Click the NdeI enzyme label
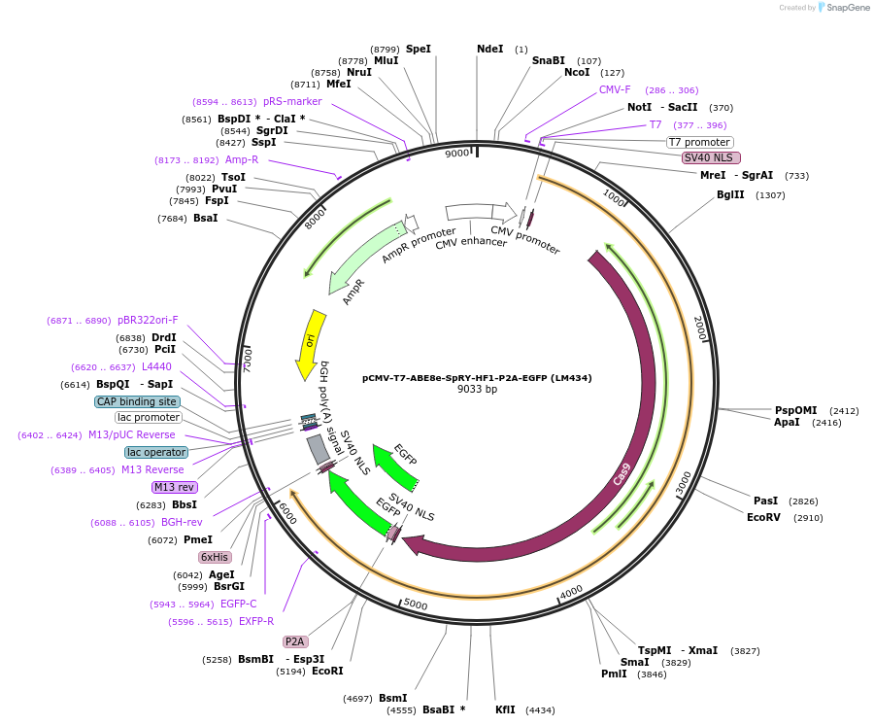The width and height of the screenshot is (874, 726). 490,49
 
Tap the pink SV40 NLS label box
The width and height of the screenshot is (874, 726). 711,157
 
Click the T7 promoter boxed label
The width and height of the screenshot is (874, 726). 699,142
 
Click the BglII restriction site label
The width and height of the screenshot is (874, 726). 730,194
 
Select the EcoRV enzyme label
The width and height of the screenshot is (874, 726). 763,518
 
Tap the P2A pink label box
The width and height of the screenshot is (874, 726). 295,641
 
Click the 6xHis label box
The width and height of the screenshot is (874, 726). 215,557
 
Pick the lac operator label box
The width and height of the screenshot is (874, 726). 155,452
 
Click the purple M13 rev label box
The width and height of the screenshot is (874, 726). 174,487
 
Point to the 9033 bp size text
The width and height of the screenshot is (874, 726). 477,390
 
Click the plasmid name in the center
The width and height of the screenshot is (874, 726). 477,377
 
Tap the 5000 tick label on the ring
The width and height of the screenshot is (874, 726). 416,605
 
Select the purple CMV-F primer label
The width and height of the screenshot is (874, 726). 615,89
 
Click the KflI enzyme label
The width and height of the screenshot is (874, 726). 505,709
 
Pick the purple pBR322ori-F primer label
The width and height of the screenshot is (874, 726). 148,320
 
